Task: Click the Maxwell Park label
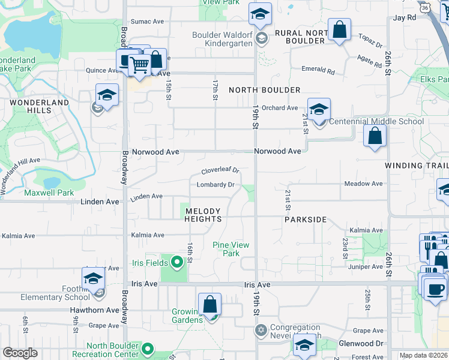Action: (x=49, y=193)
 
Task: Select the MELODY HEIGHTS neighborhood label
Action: (x=203, y=215)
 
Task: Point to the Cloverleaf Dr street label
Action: (x=220, y=170)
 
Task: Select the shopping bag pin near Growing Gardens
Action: (x=210, y=304)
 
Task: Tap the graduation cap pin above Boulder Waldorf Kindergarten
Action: (x=260, y=14)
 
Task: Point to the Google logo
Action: (x=20, y=353)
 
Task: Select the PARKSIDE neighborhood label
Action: (x=306, y=220)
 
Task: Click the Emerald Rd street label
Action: (x=318, y=70)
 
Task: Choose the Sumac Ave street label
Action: (x=147, y=21)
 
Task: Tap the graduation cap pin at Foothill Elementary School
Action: (x=94, y=278)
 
